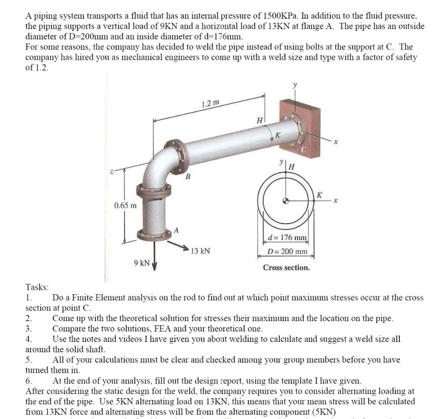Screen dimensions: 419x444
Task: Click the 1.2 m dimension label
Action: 211,104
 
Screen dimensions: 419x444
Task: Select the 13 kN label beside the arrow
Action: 200,251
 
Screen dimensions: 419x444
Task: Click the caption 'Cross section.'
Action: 286,267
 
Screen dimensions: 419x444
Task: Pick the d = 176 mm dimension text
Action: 287,237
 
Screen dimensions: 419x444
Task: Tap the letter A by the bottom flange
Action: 176,230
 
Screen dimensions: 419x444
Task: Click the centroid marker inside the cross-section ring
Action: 285,201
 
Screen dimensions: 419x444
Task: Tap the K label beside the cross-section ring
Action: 319,195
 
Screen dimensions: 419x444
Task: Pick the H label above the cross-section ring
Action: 292,167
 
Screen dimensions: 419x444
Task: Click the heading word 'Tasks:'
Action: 37,287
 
